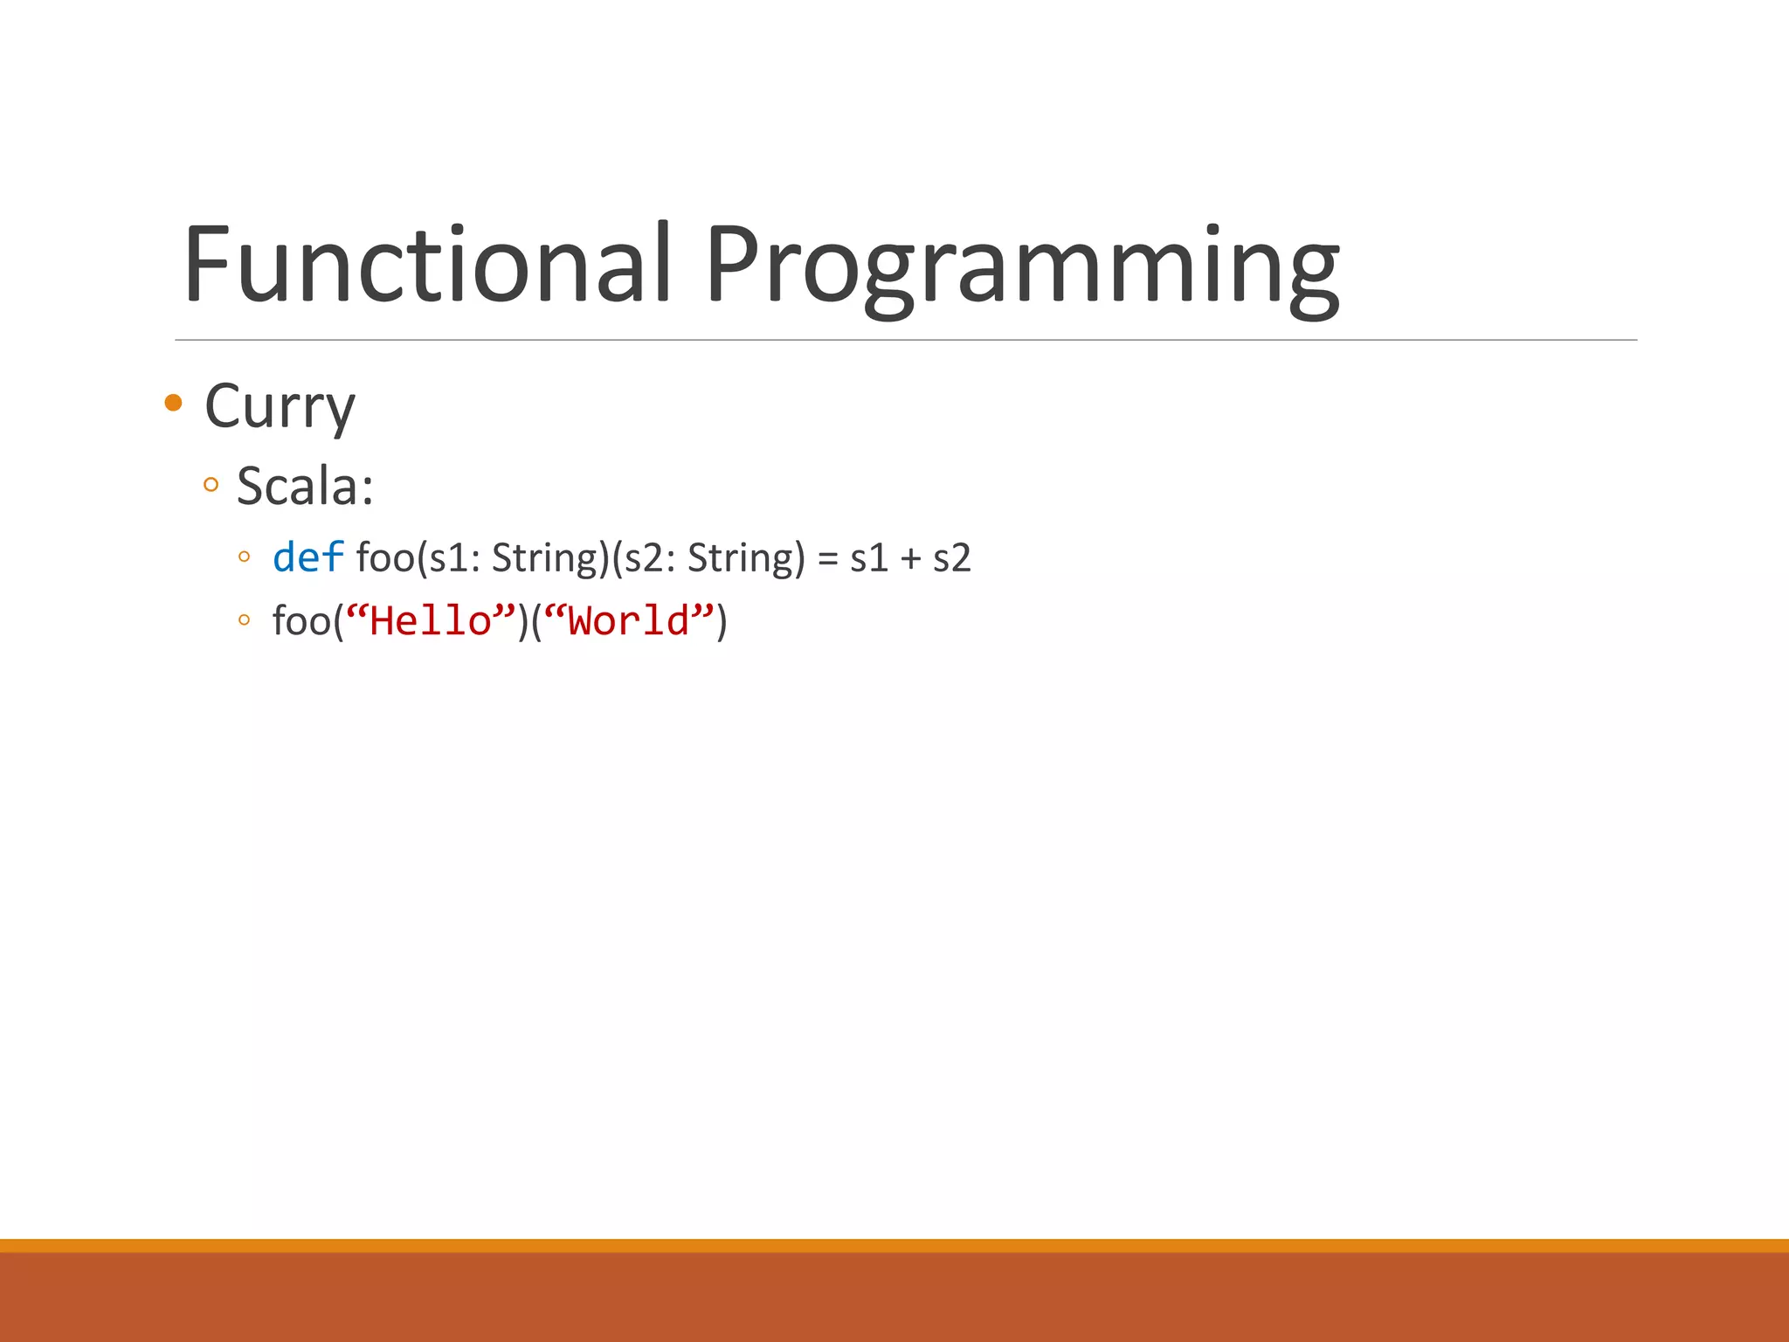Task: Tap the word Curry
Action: [280, 406]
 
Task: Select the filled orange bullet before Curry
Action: [173, 403]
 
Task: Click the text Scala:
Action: [305, 486]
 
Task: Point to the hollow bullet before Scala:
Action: [211, 485]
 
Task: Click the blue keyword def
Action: [307, 557]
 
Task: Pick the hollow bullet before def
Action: [244, 557]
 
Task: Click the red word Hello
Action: [431, 621]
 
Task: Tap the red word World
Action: [629, 621]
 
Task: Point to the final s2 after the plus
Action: [951, 558]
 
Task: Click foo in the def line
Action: [385, 558]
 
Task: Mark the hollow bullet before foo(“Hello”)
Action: [244, 621]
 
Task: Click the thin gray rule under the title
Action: [905, 340]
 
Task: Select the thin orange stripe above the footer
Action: [894, 1245]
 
